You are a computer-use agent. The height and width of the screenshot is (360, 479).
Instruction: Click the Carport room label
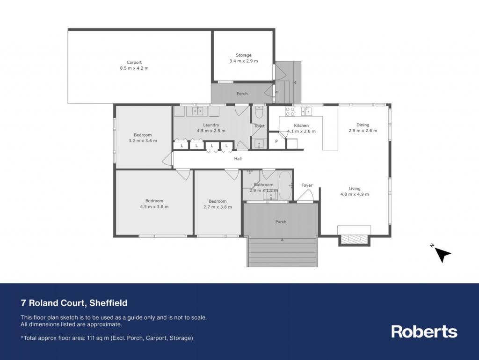134,62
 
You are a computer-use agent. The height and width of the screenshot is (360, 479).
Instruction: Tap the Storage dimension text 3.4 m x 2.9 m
243,61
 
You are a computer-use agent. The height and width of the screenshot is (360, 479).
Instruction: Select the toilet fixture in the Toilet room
259,113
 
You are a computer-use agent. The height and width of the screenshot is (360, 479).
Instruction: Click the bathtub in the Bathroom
285,185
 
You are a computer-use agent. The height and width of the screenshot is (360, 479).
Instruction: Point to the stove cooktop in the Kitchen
290,111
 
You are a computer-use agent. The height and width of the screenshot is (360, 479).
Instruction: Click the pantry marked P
276,141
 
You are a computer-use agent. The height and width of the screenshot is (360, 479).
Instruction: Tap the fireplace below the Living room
354,239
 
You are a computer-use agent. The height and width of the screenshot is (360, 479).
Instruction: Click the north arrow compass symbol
442,254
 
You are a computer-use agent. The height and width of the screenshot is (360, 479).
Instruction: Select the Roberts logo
424,331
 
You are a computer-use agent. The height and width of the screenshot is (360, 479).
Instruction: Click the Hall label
238,159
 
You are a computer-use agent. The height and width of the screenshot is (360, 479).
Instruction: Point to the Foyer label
307,185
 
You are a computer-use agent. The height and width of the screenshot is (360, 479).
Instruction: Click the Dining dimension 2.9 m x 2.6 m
363,131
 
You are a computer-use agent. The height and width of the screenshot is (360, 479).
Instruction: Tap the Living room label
355,189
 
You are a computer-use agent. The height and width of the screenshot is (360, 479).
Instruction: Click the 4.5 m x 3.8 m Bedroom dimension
154,206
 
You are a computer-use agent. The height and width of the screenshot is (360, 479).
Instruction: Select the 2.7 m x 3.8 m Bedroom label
218,201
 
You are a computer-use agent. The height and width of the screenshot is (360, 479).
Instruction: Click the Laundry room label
211,125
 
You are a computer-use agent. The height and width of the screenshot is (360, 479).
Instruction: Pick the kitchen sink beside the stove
306,111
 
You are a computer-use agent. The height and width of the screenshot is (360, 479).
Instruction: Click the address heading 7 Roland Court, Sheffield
74,303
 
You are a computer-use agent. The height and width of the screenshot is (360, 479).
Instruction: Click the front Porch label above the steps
281,221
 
